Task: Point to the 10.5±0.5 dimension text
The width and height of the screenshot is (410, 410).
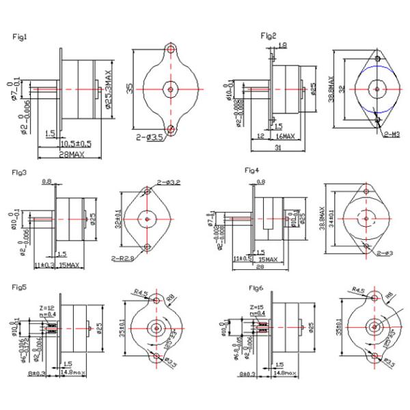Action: click(76, 144)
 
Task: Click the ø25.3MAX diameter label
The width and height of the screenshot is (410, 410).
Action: click(108, 88)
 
